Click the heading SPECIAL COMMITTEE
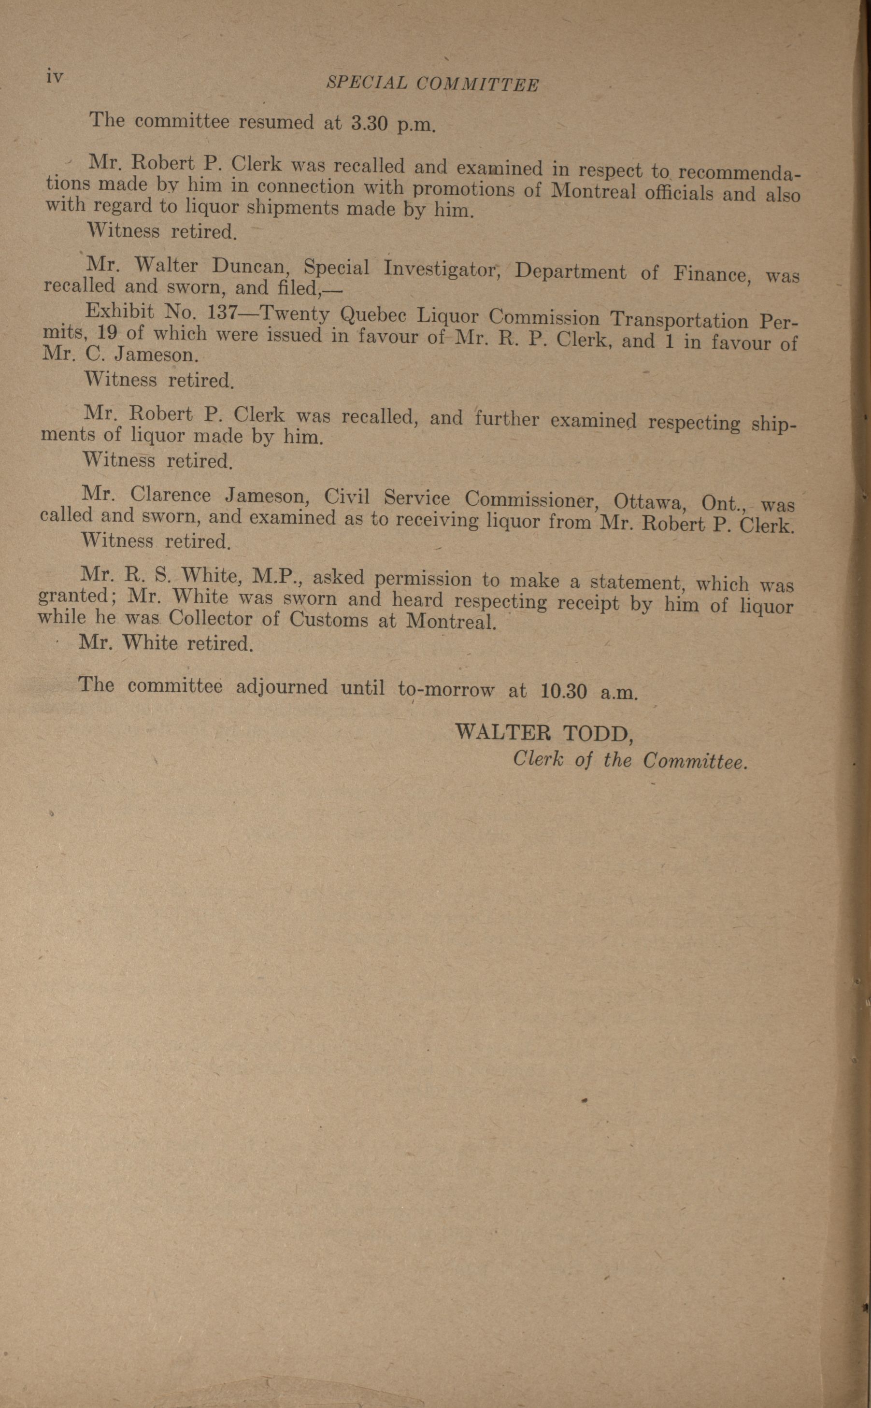[433, 84]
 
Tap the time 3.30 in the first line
[369, 124]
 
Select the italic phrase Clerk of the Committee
[629, 761]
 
